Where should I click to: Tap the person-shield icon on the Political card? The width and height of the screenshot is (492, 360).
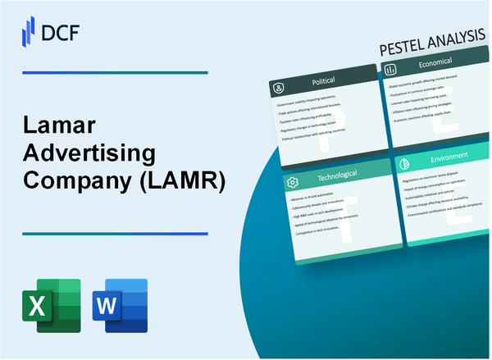(x=278, y=85)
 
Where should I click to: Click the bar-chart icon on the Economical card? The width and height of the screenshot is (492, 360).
(x=391, y=70)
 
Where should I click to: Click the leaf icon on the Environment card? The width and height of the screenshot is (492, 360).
(x=404, y=164)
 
